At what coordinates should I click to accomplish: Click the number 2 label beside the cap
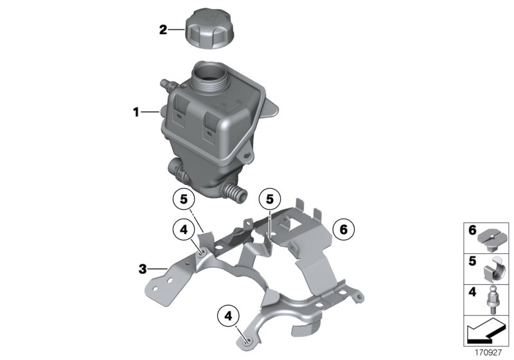[x=163, y=30]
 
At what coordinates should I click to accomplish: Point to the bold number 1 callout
[x=136, y=113]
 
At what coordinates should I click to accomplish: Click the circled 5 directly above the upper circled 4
[x=184, y=200]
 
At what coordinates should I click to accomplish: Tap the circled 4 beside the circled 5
[x=184, y=229]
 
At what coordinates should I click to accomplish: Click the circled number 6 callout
[x=343, y=228]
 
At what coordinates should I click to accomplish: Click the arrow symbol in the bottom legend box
[x=486, y=334]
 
